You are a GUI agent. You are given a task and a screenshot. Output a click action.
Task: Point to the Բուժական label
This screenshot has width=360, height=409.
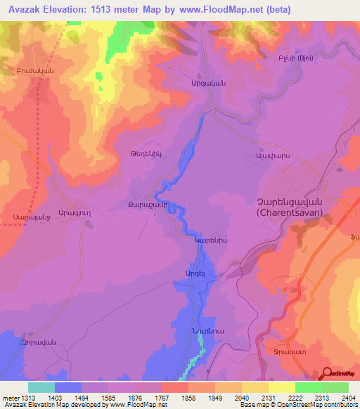point(36,71)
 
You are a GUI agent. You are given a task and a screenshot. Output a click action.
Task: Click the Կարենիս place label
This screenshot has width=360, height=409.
point(209,239)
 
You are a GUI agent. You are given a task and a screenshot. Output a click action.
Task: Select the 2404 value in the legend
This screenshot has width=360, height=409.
point(347,398)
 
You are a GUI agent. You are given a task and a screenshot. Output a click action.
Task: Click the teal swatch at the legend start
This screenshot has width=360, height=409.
point(41,387)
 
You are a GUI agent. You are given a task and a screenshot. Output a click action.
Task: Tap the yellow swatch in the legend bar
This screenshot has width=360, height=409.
point(281,387)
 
